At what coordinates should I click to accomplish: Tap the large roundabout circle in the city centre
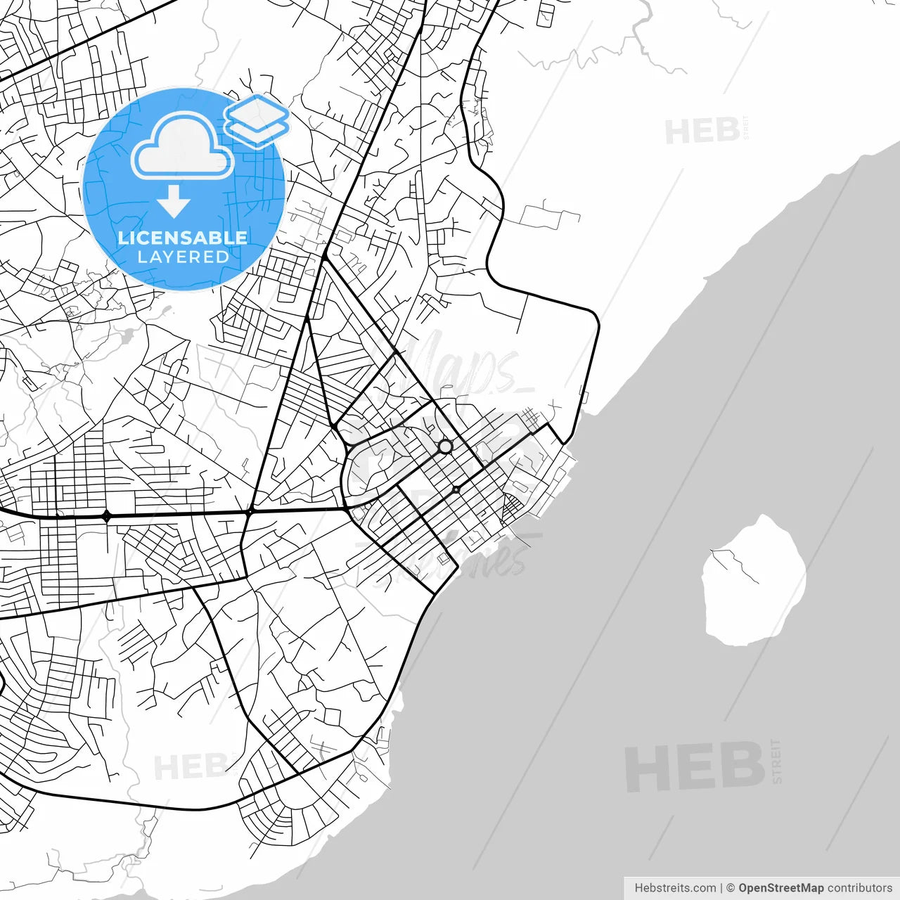[x=445, y=446]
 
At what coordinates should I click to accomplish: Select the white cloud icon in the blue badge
[x=182, y=146]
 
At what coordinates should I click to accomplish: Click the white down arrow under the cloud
[x=174, y=202]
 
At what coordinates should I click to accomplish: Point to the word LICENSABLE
[x=183, y=238]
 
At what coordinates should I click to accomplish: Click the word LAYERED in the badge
[x=183, y=257]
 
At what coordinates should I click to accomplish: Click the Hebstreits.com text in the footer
[x=675, y=888]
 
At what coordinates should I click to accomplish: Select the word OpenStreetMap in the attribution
[x=780, y=888]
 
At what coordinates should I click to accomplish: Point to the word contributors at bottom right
[x=859, y=888]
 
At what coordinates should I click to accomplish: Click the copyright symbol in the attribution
[x=731, y=888]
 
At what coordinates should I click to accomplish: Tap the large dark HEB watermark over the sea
[x=695, y=766]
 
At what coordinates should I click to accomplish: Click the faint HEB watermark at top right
[x=702, y=131]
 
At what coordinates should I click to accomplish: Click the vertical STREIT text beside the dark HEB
[x=776, y=761]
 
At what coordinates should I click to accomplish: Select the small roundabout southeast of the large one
[x=456, y=489]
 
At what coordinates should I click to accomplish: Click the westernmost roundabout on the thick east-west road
[x=106, y=516]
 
